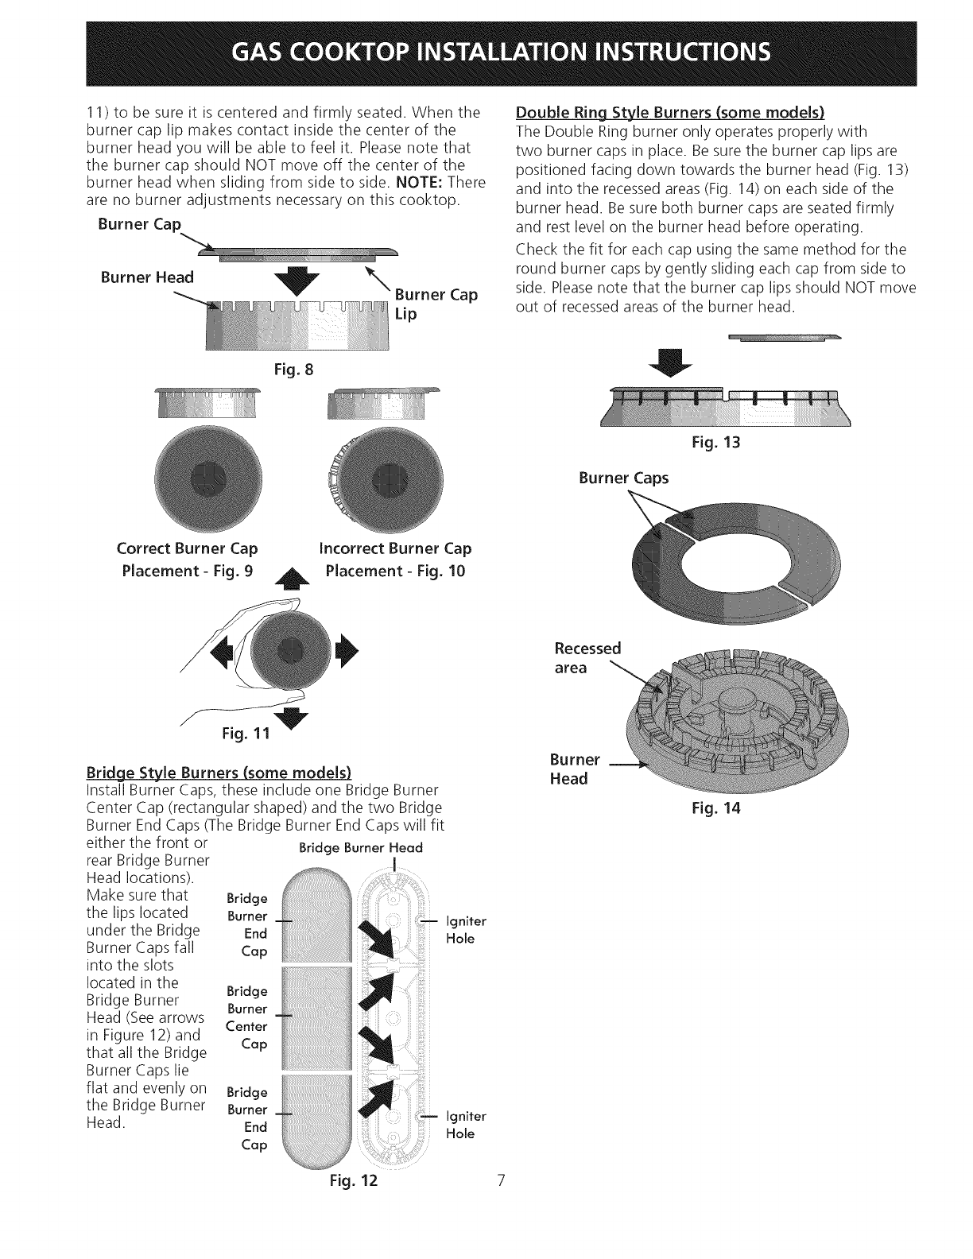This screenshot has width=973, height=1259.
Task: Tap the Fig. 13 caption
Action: (717, 443)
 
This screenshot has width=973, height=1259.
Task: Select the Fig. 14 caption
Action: (717, 812)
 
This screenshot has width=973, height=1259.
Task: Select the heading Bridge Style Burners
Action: (224, 773)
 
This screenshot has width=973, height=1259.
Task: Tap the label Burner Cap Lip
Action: (436, 304)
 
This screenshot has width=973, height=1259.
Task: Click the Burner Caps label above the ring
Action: (623, 478)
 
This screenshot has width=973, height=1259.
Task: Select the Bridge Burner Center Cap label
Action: (246, 1017)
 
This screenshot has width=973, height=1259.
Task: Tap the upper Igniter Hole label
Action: (464, 930)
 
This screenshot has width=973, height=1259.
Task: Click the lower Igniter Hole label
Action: (464, 1125)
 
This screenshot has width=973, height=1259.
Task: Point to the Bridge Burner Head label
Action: (360, 848)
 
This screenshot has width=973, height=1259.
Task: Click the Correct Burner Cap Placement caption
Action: (187, 560)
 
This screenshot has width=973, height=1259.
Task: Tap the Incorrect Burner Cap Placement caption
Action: (395, 560)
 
